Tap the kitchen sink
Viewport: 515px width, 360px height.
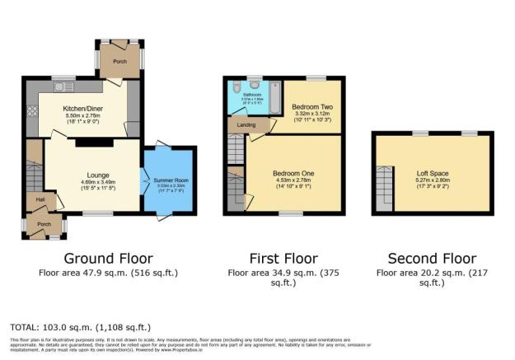[x=63, y=86]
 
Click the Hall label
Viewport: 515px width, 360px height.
[x=40, y=199]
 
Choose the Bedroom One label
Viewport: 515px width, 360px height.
[x=293, y=174]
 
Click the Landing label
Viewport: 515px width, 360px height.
[x=246, y=125]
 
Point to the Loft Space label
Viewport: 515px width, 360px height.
[x=433, y=174]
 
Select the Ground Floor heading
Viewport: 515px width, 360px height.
[x=108, y=258]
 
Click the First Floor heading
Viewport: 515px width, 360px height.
[x=283, y=258]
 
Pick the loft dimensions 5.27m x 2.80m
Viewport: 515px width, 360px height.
[x=433, y=182]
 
